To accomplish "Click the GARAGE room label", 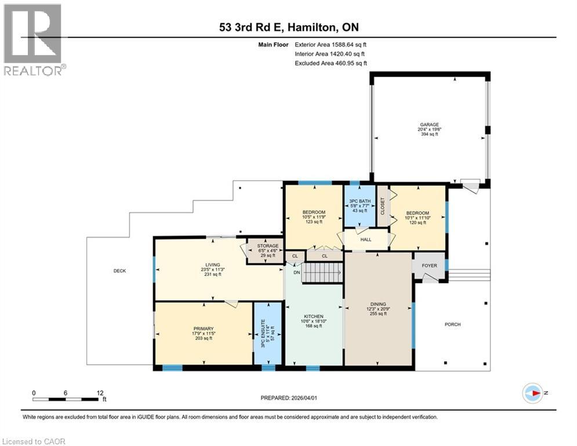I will tap(429, 124).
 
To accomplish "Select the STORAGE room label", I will tap(268, 246).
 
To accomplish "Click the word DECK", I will tap(119, 271).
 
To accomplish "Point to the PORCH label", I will tap(452, 324).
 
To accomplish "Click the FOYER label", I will tap(429, 266).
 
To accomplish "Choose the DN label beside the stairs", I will tap(296, 272).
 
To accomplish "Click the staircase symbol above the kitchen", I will tap(324, 272).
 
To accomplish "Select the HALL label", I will tap(365, 239).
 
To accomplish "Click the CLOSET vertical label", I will tap(382, 206).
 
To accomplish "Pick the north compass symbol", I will tap(531, 393).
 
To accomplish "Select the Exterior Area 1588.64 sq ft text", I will tap(331, 44).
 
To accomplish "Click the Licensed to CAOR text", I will tap(34, 441).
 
